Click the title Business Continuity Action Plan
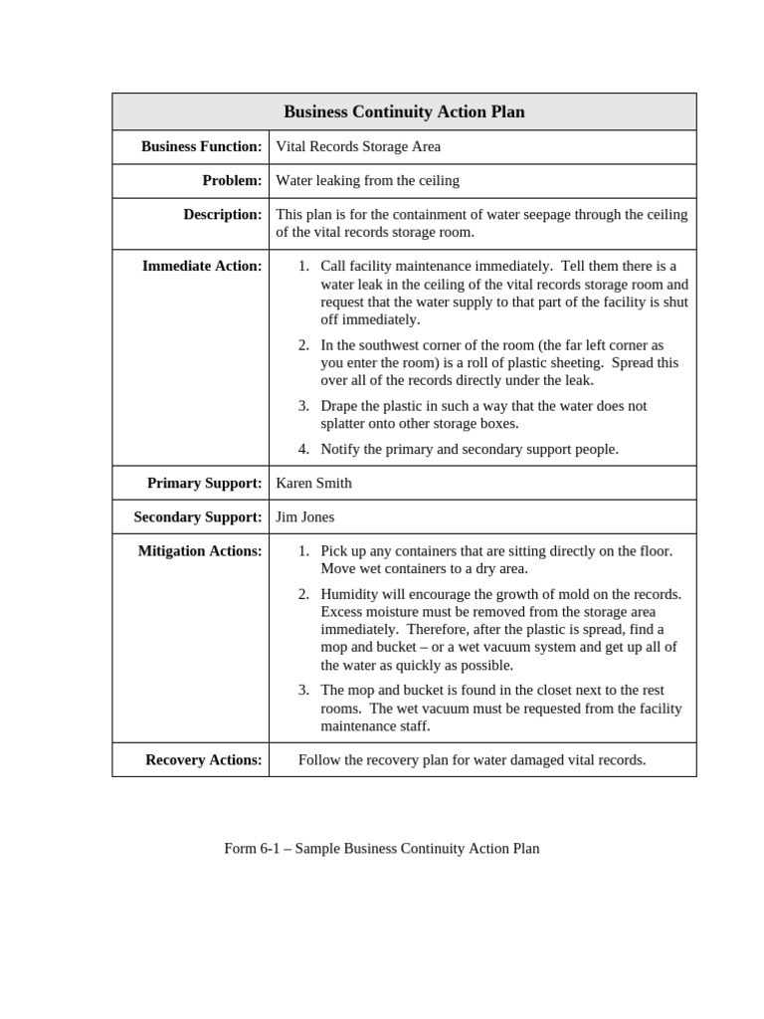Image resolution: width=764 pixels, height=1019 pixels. (x=404, y=112)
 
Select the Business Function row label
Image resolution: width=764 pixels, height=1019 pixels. (x=201, y=146)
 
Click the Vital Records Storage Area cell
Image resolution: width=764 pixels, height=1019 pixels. (x=358, y=146)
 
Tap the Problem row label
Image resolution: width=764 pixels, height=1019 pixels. (x=232, y=180)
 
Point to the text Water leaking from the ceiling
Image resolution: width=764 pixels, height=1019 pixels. (x=367, y=180)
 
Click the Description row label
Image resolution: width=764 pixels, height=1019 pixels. (x=222, y=214)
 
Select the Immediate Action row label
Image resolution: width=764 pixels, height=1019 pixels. (x=202, y=266)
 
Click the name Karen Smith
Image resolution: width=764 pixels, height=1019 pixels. (x=313, y=483)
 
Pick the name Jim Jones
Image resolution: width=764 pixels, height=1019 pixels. (x=304, y=516)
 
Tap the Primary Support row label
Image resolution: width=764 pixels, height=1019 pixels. (x=204, y=483)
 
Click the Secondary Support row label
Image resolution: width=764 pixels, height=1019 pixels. (x=198, y=516)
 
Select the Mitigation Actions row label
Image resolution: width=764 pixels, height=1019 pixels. (x=200, y=550)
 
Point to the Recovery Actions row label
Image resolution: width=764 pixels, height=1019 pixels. (x=203, y=759)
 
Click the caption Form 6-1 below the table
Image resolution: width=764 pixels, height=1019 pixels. (x=381, y=849)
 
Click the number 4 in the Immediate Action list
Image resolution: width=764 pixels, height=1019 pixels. (x=303, y=449)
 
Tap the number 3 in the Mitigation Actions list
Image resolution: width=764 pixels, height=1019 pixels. (x=303, y=690)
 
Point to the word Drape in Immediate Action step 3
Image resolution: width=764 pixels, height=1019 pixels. (x=339, y=406)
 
